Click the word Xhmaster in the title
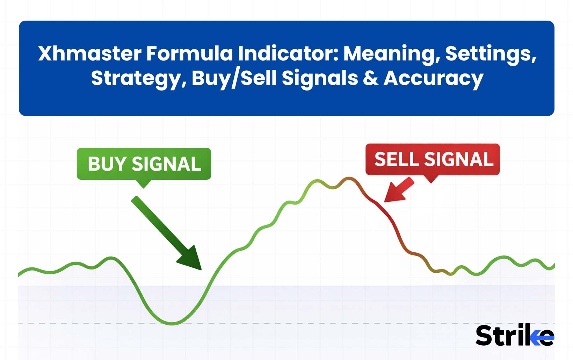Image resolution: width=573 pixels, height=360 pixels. [89, 54]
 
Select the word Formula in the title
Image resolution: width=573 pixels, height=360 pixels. [189, 54]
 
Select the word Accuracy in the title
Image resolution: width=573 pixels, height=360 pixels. [433, 78]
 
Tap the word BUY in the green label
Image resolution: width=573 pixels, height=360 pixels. [107, 164]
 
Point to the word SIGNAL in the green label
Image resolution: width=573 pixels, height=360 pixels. [166, 164]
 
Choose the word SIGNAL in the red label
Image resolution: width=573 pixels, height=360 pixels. [458, 159]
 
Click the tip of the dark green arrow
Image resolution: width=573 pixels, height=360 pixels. [201, 269]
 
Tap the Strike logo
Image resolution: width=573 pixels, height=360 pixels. [515, 336]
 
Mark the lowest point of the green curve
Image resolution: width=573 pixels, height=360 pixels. [172, 323]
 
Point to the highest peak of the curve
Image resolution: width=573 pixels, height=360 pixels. [349, 179]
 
